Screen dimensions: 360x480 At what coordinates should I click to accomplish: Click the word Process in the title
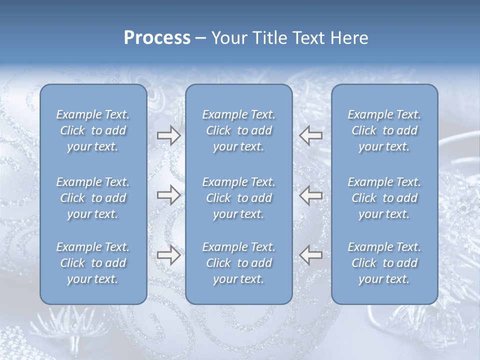[157, 38]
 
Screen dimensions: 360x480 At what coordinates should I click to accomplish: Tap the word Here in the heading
[349, 38]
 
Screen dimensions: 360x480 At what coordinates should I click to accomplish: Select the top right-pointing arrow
[168, 135]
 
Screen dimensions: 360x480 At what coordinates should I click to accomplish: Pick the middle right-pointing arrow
[168, 195]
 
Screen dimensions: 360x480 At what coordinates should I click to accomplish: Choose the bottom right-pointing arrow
[168, 255]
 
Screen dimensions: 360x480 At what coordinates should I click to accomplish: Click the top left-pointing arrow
[310, 135]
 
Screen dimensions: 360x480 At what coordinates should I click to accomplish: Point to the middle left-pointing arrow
[310, 195]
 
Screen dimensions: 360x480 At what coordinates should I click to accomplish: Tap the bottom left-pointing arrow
[310, 255]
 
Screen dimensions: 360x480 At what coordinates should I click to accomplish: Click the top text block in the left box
[93, 130]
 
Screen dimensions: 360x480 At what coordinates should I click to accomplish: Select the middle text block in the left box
[93, 198]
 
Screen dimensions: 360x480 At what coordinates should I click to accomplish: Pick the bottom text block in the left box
[93, 263]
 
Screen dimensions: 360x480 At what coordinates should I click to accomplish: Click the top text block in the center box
[238, 130]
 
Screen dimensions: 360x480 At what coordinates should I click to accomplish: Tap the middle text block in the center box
[238, 198]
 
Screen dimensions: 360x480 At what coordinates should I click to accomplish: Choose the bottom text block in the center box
[238, 263]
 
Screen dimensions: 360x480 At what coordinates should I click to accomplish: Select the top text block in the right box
[384, 130]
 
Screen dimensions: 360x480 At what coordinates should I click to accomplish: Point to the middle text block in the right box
[384, 198]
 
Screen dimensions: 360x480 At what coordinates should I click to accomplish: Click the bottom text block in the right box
[384, 263]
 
